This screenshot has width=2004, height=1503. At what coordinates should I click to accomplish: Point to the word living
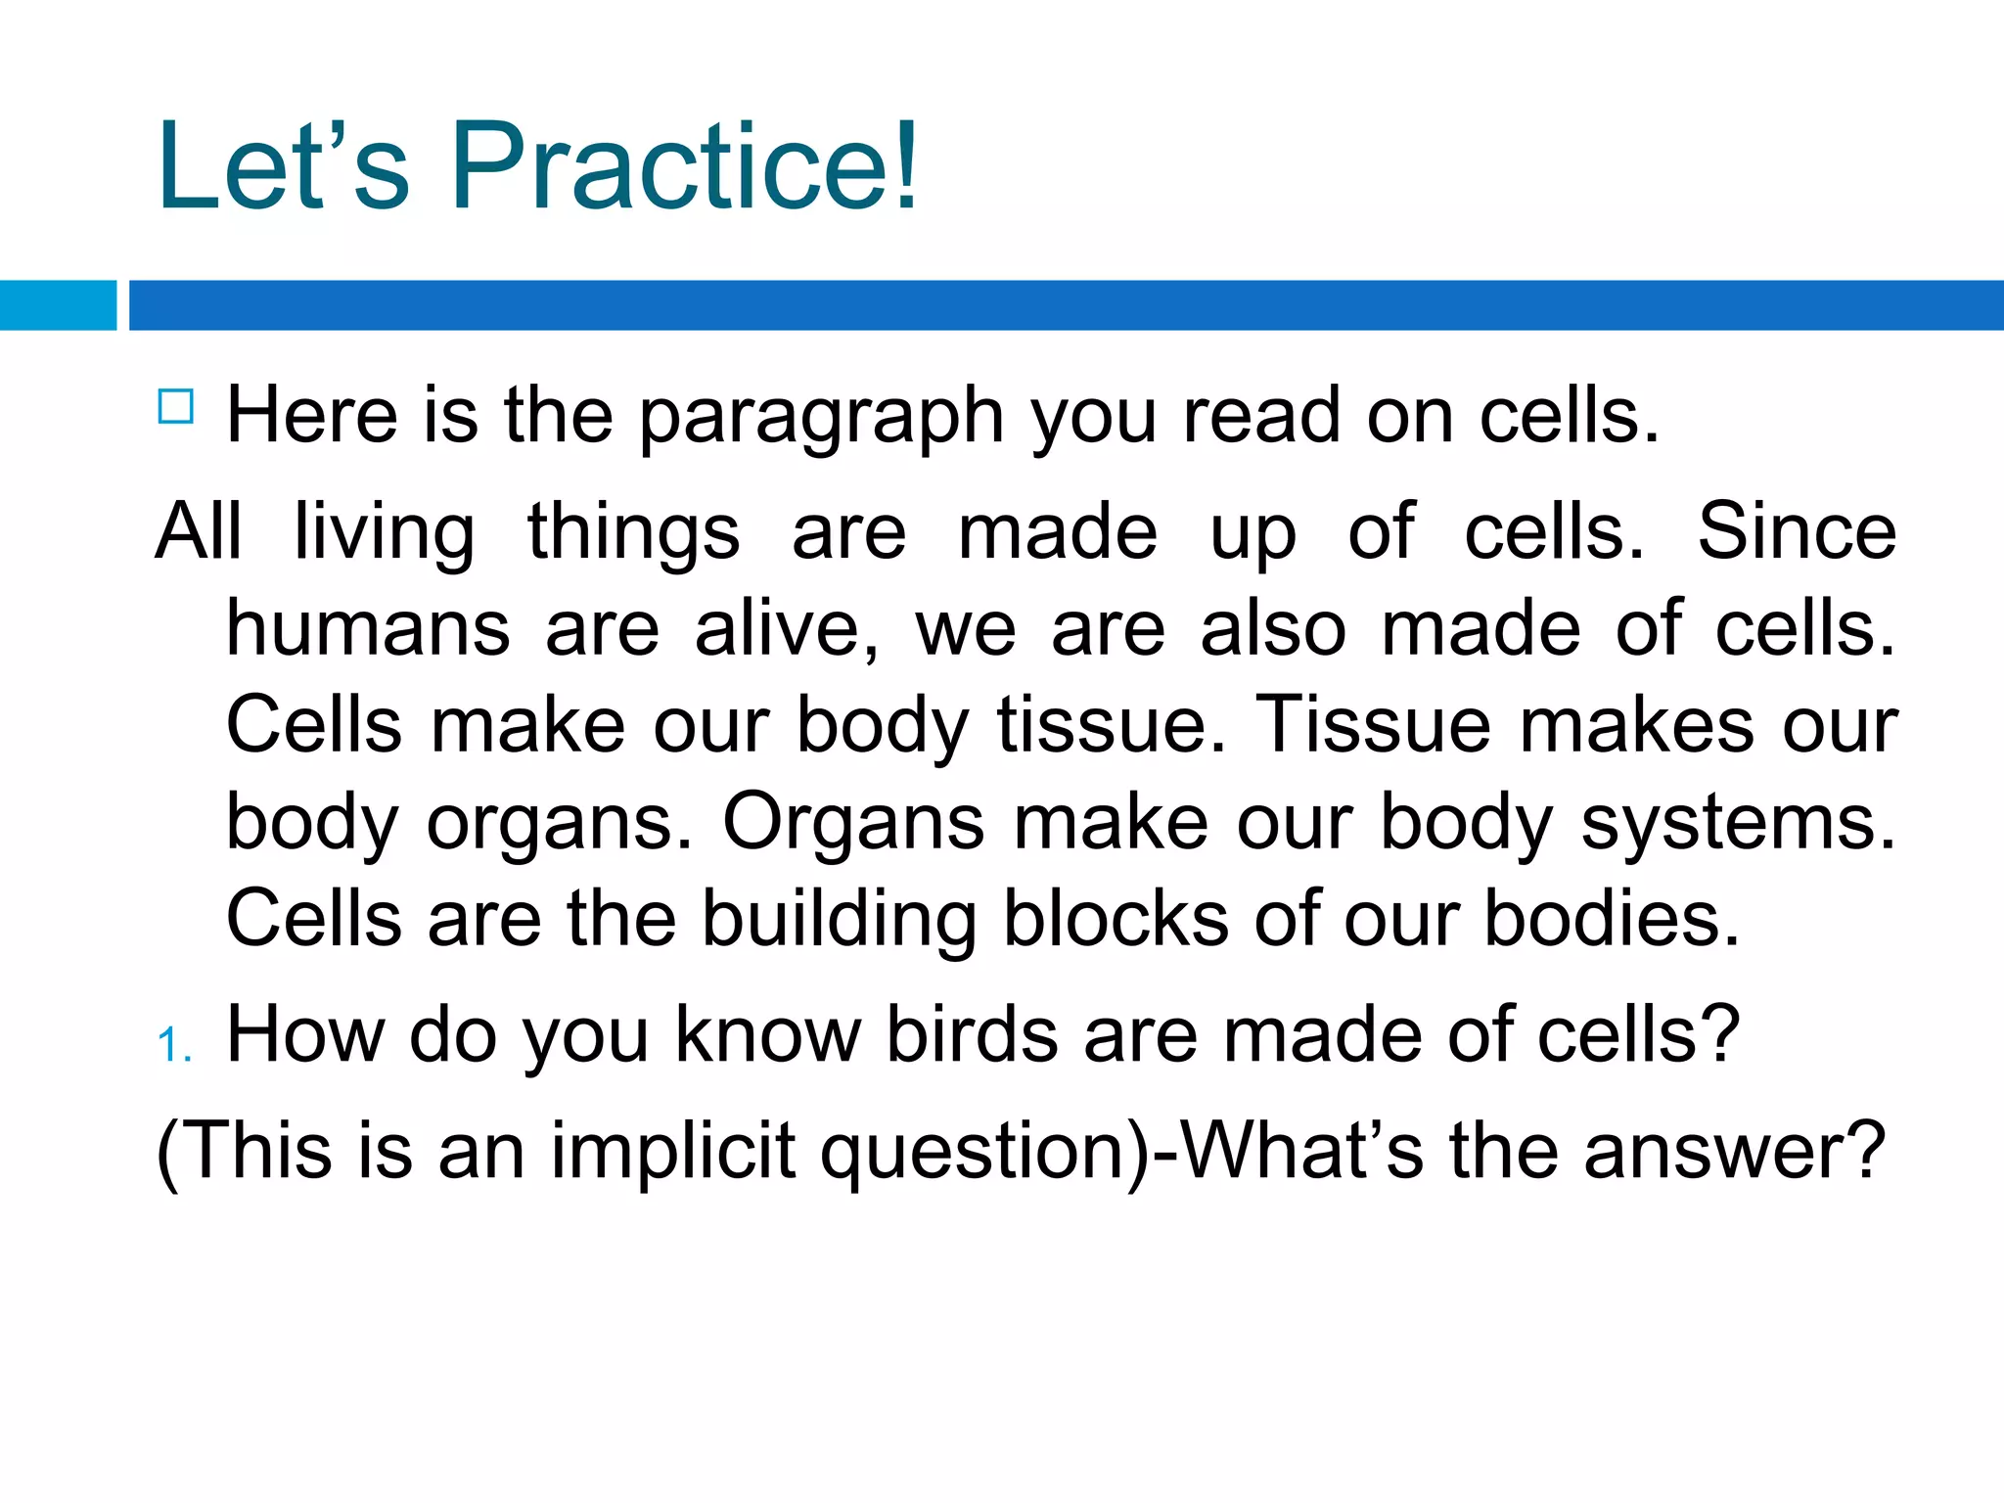point(385,533)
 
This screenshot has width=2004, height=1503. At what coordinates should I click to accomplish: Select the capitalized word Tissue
point(1373,725)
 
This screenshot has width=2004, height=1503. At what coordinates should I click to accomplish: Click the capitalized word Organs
point(853,823)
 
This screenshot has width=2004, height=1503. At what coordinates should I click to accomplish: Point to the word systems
point(1739,823)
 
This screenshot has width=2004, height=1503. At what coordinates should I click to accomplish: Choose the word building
point(840,920)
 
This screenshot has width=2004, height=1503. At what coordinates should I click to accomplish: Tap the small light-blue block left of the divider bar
point(58,305)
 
